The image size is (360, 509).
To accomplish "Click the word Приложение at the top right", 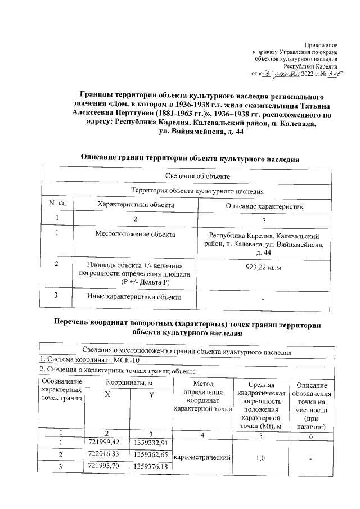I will (321, 44).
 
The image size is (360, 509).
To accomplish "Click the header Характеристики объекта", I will (136, 205).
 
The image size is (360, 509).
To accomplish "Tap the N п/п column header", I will (57, 205).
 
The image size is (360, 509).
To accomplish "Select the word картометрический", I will (203, 458).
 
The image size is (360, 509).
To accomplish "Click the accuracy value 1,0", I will (260, 458).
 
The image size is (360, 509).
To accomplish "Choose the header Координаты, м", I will (129, 383).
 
